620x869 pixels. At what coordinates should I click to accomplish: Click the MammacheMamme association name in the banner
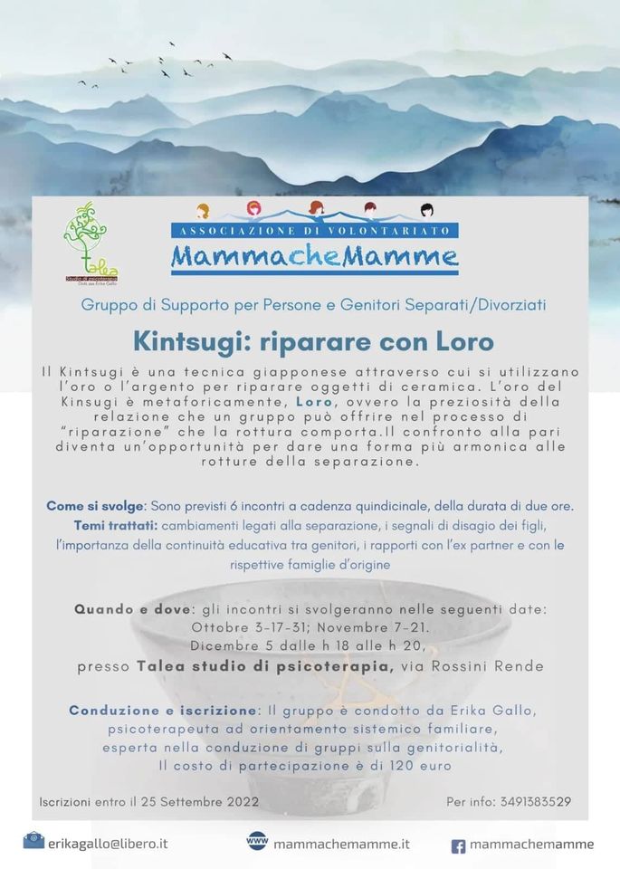pyautogui.click(x=314, y=256)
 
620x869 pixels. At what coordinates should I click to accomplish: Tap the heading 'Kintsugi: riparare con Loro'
pyautogui.click(x=313, y=341)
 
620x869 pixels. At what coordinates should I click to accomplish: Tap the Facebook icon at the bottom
pyautogui.click(x=459, y=845)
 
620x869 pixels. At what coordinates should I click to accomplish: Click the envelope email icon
pyautogui.click(x=33, y=841)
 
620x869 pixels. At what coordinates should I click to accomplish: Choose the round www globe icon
pyautogui.click(x=257, y=840)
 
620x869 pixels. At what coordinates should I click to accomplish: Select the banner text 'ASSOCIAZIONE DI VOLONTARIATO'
pyautogui.click(x=314, y=231)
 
